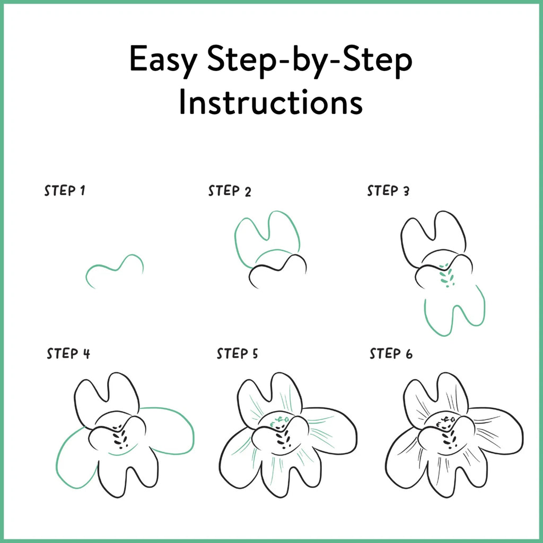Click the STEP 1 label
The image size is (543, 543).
pyautogui.click(x=64, y=190)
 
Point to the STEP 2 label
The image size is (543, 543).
pyautogui.click(x=230, y=191)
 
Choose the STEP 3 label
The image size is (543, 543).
pyautogui.click(x=388, y=191)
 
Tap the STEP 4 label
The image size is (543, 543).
pyautogui.click(x=68, y=354)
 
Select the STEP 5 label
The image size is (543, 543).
pyautogui.click(x=237, y=354)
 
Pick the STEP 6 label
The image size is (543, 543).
pyautogui.click(x=391, y=354)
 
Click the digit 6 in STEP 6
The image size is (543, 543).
pyautogui.click(x=409, y=354)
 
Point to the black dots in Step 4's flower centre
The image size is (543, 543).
pyautogui.click(x=120, y=436)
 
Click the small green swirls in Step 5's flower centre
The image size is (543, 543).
pyautogui.click(x=279, y=421)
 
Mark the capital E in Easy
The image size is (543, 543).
pyautogui.click(x=138, y=58)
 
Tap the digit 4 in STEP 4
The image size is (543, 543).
pyautogui.click(x=86, y=354)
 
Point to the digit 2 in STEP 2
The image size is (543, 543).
pyautogui.click(x=248, y=192)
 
